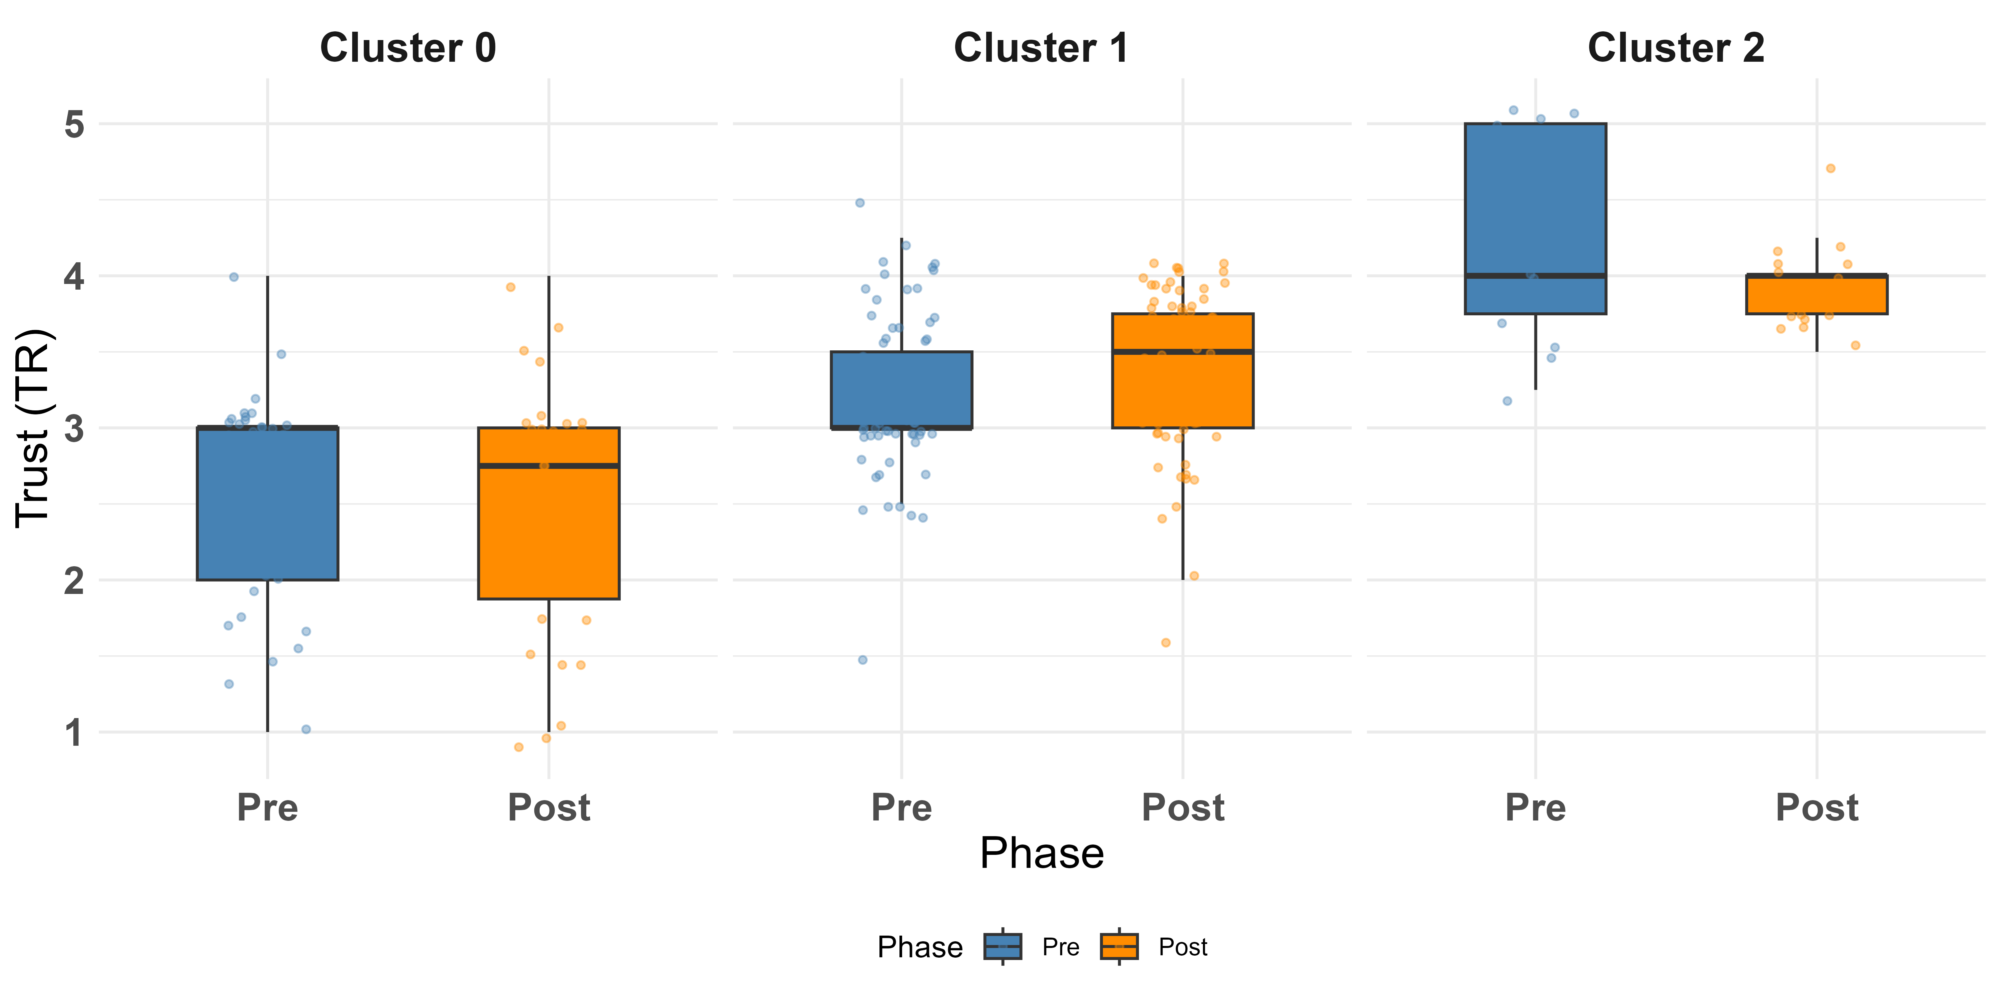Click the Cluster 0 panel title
[x=408, y=48]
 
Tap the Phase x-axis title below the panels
[x=1042, y=853]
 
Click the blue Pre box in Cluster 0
[x=268, y=504]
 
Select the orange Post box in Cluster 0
[x=549, y=513]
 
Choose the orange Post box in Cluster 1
[x=1183, y=371]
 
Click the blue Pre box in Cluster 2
[x=1536, y=219]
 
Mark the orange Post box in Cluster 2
[x=1817, y=295]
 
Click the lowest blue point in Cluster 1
[x=862, y=660]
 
